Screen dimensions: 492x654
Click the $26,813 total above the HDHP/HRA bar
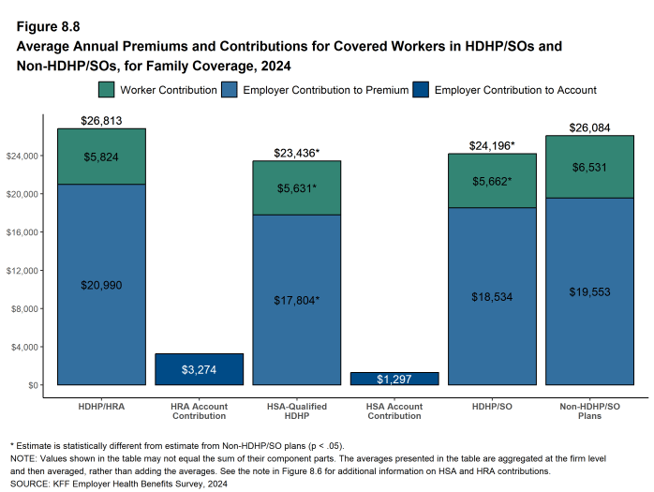101,120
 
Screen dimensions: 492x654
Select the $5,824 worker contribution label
101,157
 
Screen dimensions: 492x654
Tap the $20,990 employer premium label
101,285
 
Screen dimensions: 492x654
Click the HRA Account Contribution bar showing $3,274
199,369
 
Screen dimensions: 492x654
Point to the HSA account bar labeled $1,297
394,379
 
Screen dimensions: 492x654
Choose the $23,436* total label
297,153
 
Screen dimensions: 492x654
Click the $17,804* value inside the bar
297,300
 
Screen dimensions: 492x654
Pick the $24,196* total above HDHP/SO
492,145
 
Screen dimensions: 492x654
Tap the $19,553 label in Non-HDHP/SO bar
589,291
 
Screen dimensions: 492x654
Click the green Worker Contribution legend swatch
106,90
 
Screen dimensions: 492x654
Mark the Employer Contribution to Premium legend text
325,90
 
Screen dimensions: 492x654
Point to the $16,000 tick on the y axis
26,232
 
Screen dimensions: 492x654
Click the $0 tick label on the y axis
34,385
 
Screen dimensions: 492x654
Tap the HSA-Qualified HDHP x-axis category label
297,411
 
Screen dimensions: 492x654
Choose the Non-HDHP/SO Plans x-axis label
589,411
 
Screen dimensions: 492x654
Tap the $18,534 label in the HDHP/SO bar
492,296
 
